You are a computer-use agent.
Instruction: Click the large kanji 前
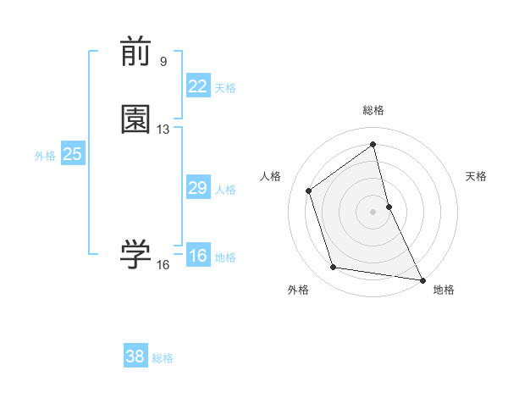135,53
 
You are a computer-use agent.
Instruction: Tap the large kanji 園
135,120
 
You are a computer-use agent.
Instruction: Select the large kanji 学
135,253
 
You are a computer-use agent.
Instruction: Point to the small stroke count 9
163,61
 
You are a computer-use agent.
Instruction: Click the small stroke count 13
163,130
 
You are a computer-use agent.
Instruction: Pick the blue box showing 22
197,86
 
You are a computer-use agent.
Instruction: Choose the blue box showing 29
197,188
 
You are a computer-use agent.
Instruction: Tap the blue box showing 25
72,154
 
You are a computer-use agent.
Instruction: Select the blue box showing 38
135,357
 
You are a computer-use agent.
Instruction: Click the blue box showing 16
197,256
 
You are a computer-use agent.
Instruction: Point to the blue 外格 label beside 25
45,156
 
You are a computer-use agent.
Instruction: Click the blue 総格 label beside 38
163,358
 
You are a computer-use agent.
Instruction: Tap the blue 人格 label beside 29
226,190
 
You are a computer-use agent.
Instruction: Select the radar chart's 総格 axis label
373,110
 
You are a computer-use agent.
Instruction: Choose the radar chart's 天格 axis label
477,176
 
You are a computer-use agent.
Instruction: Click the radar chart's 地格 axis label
444,290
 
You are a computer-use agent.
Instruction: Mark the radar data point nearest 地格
422,279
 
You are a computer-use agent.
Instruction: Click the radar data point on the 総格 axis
373,145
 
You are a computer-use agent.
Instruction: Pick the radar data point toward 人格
309,191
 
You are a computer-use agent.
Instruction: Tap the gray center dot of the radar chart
373,211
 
